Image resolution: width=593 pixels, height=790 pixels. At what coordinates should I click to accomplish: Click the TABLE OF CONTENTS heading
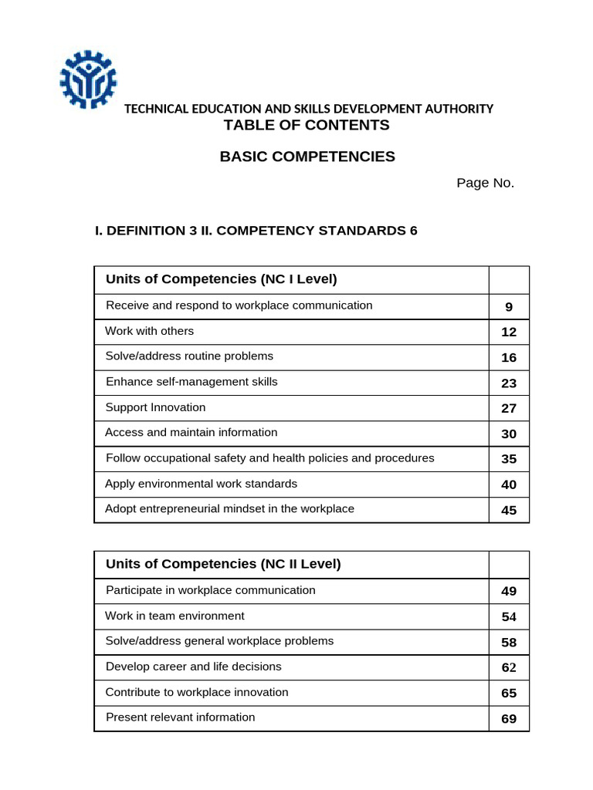click(307, 125)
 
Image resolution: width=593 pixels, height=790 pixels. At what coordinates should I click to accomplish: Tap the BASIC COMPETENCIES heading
click(307, 157)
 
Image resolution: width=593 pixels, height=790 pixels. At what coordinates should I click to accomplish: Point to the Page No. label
click(485, 183)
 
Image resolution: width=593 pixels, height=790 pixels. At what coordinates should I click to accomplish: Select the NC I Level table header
click(222, 279)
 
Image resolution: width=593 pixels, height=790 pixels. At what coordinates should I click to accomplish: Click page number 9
click(509, 307)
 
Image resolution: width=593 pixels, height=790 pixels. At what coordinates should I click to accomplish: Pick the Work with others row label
click(150, 331)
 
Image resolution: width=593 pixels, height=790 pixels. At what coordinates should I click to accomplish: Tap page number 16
click(509, 357)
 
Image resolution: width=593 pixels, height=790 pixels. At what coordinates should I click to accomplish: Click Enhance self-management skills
click(191, 382)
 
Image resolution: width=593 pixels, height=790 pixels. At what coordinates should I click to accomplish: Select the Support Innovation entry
click(155, 407)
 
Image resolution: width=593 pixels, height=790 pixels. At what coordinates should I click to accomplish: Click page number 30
click(509, 434)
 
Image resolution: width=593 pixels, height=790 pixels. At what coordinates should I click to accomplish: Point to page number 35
click(509, 459)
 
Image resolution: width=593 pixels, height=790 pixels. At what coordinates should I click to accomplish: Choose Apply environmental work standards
click(201, 484)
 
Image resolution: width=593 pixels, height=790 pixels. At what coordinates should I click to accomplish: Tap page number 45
click(509, 510)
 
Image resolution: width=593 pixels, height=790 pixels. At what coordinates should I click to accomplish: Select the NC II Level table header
click(223, 564)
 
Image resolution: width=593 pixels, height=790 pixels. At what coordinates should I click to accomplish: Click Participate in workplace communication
click(210, 590)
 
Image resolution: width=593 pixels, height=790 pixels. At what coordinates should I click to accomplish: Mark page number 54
click(509, 616)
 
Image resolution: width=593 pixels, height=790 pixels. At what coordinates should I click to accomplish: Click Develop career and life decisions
click(193, 667)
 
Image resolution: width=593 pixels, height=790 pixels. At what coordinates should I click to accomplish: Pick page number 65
click(509, 693)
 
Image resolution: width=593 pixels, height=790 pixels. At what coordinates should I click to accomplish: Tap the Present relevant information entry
click(180, 717)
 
